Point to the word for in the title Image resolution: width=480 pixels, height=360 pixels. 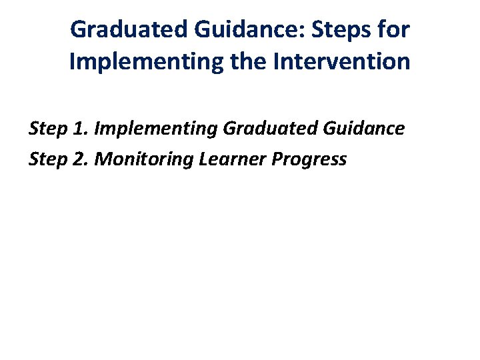[393, 30]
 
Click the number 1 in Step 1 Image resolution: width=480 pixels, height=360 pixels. [75, 128]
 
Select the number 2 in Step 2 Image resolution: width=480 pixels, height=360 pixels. [75, 159]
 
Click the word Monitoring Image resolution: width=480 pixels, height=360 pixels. [136, 159]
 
